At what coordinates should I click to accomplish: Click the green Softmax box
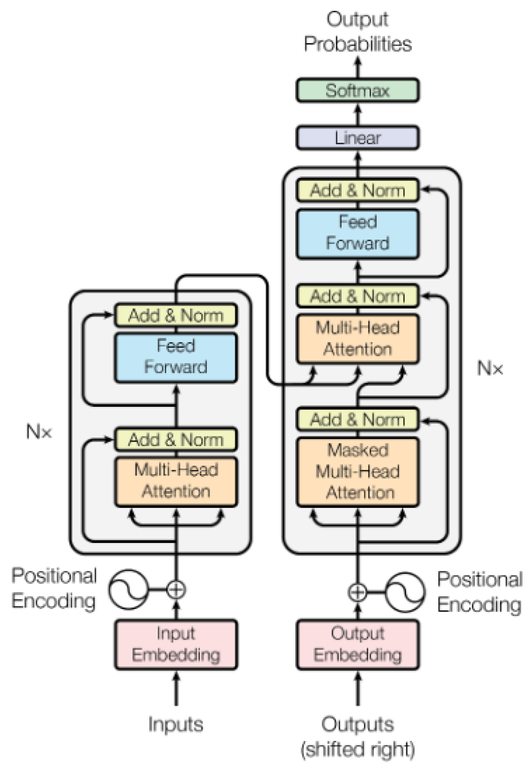click(357, 91)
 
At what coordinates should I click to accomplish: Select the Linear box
click(357, 138)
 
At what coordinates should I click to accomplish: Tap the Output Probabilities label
click(357, 32)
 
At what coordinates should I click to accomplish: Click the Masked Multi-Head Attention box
click(357, 471)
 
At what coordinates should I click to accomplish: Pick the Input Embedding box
click(176, 644)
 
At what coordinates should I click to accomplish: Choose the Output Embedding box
click(357, 644)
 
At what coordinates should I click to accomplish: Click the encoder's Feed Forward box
click(176, 357)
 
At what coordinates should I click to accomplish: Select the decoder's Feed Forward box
click(357, 233)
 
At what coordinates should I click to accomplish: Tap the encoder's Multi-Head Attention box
click(176, 481)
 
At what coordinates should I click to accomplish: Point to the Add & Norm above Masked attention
click(357, 419)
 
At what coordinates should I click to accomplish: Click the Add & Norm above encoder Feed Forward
click(176, 316)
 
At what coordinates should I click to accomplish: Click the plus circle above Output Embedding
click(357, 592)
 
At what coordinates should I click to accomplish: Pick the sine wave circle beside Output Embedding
click(405, 592)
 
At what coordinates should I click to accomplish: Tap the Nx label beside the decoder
click(490, 368)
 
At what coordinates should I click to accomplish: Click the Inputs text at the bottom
click(176, 724)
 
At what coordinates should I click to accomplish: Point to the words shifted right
click(357, 749)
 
